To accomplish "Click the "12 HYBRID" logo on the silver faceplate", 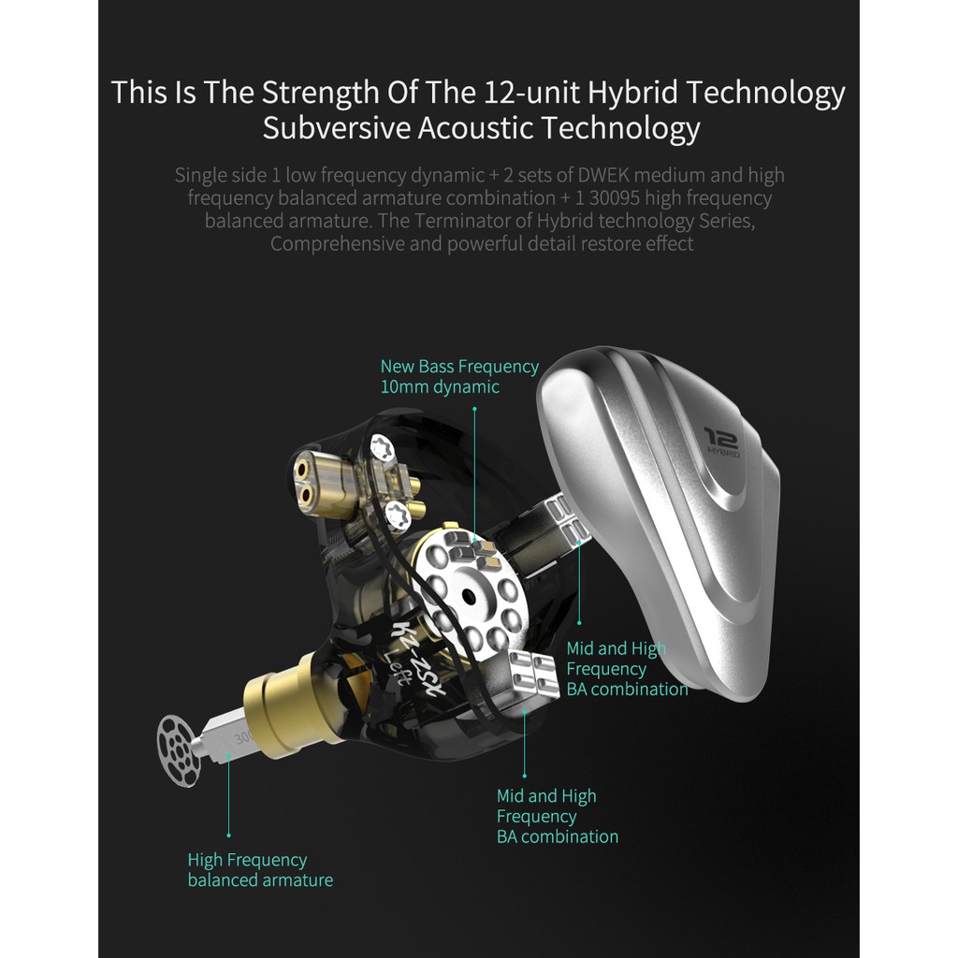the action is click(x=721, y=443).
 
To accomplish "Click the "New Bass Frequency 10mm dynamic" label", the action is click(x=459, y=376).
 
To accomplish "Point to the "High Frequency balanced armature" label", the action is click(x=260, y=870).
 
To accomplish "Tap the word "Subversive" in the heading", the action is click(x=336, y=128).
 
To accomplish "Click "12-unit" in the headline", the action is click(x=531, y=93).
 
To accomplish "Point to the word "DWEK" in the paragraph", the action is click(x=603, y=175).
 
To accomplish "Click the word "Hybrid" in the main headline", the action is click(x=632, y=93).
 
